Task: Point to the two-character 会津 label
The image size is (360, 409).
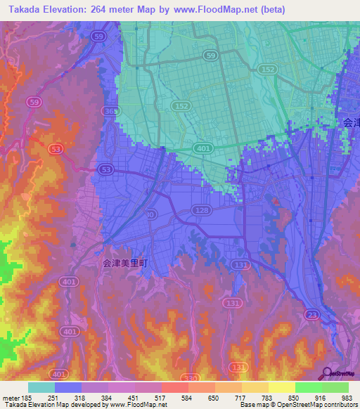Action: pyautogui.click(x=351, y=122)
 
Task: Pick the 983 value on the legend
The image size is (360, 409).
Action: pyautogui.click(x=346, y=398)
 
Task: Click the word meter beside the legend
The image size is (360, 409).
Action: pyautogui.click(x=9, y=398)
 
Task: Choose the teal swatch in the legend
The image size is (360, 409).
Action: pyautogui.click(x=41, y=387)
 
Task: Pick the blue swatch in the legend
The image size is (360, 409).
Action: pyautogui.click(x=68, y=387)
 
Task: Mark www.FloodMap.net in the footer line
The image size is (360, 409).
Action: pyautogui.click(x=138, y=405)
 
